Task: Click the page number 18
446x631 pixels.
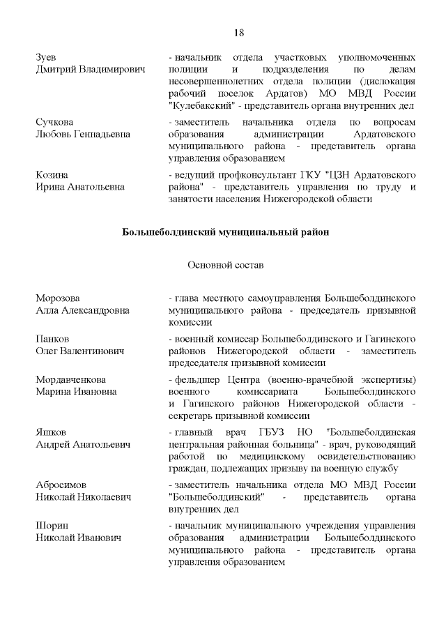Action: tap(238, 33)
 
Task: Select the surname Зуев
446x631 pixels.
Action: tap(45, 56)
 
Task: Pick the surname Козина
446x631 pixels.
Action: tap(52, 174)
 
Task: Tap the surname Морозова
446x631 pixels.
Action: tap(58, 298)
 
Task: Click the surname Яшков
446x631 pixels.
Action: tap(51, 431)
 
